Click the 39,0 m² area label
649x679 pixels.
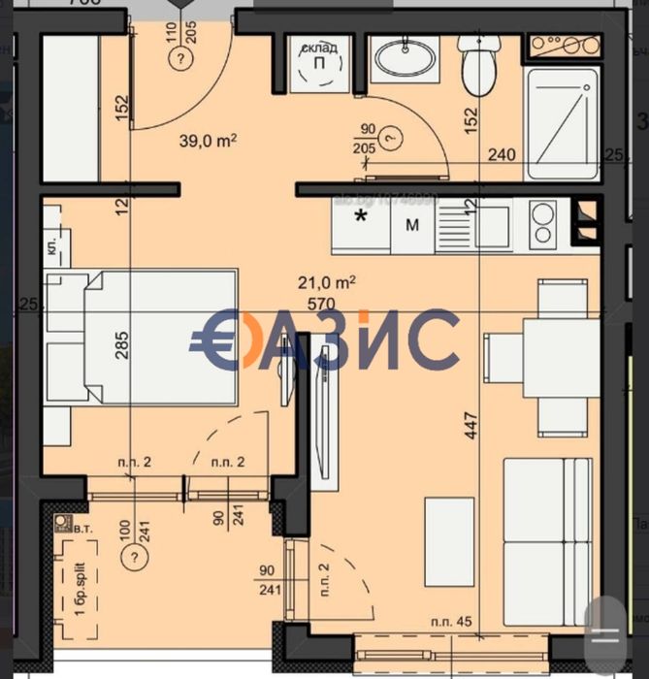pos(209,139)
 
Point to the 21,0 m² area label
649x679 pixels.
pos(326,283)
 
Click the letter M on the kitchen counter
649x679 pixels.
pos(411,225)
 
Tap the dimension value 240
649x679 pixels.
pos(500,152)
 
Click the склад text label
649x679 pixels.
pos(312,48)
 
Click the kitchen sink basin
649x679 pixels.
pos(469,227)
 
